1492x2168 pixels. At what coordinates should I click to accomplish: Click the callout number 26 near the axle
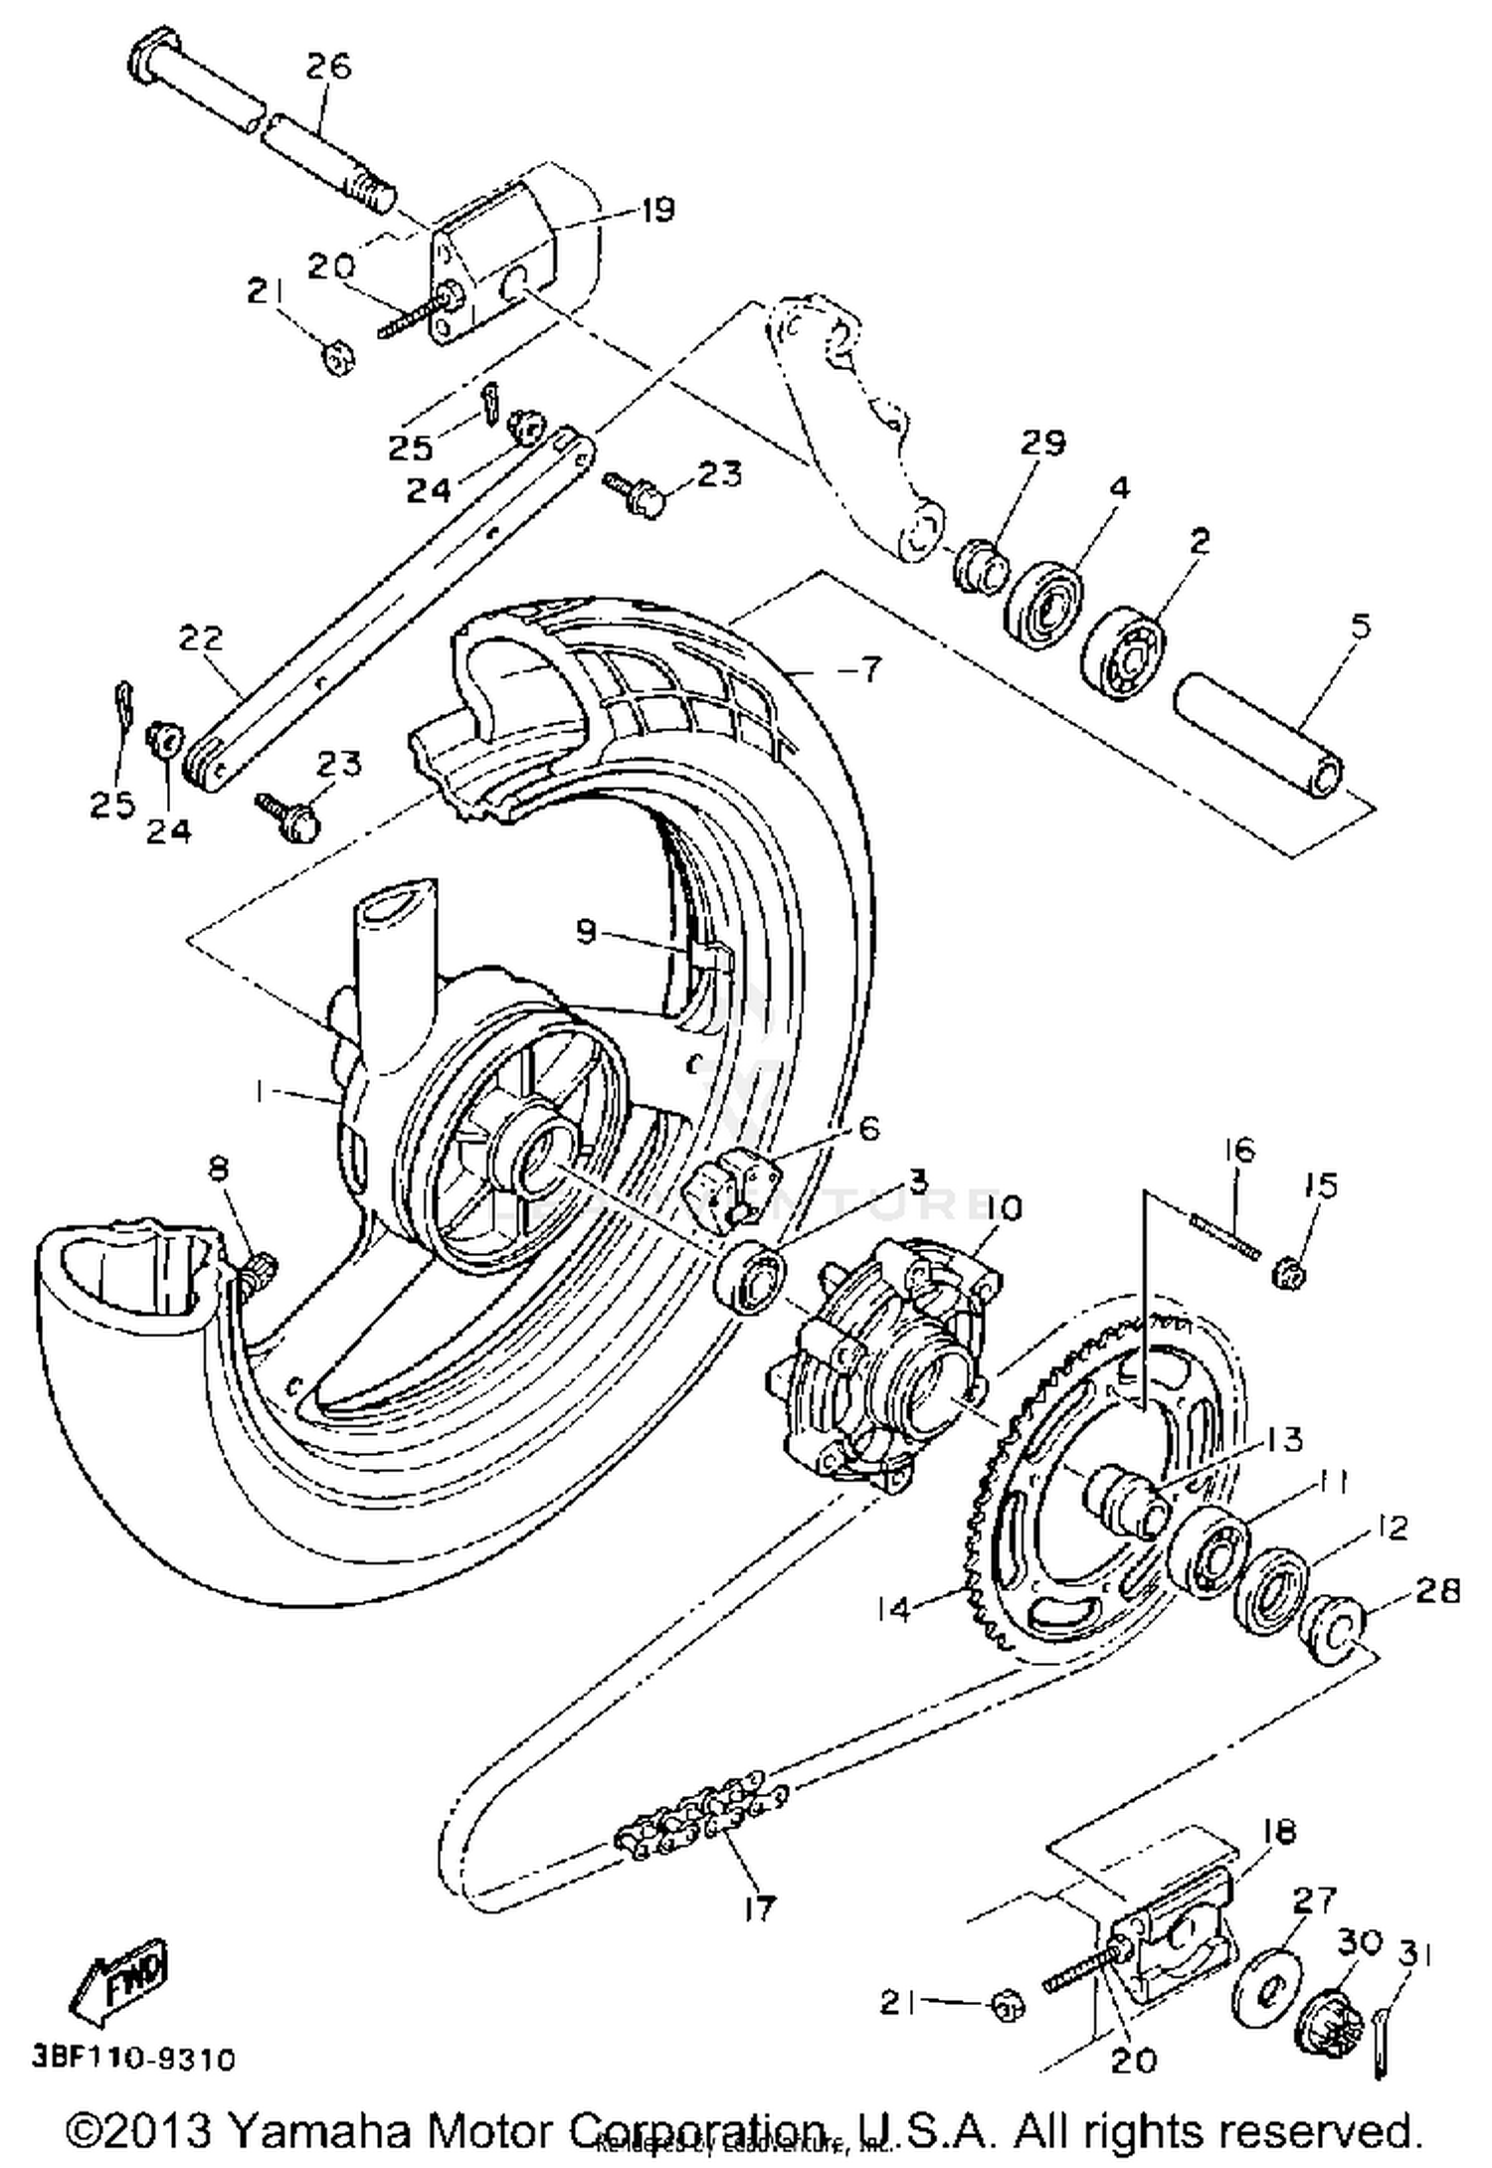pyautogui.click(x=328, y=68)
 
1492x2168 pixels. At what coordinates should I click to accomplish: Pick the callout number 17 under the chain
pyautogui.click(x=758, y=1908)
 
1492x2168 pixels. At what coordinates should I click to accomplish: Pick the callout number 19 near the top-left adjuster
pyautogui.click(x=657, y=210)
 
